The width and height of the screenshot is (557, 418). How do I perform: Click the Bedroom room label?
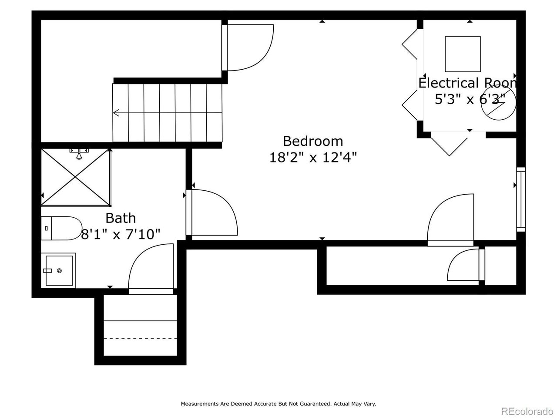(312, 141)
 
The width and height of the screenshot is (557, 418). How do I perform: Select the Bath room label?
(121, 218)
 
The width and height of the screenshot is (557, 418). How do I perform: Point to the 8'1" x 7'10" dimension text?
(121, 235)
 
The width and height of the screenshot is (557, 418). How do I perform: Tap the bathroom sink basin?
(59, 270)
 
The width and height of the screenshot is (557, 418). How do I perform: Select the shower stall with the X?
(76, 177)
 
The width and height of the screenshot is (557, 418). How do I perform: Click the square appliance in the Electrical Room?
(463, 54)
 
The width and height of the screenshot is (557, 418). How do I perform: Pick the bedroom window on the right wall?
(521, 199)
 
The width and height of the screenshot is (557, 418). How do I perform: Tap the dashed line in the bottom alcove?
(141, 338)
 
